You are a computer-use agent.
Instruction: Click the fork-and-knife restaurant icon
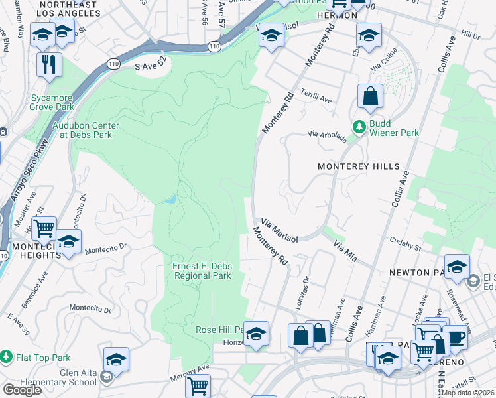50,65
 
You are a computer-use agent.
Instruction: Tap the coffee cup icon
456,336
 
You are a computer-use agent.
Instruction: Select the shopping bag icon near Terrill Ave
370,96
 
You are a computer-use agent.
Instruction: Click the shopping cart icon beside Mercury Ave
197,385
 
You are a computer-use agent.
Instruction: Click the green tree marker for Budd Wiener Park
359,126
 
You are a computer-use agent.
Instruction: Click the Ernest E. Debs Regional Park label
202,271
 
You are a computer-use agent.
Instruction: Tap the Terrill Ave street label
316,96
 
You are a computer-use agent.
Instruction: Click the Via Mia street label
345,251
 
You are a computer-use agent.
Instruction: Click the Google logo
22,389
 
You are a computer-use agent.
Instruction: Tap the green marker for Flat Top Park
7,358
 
